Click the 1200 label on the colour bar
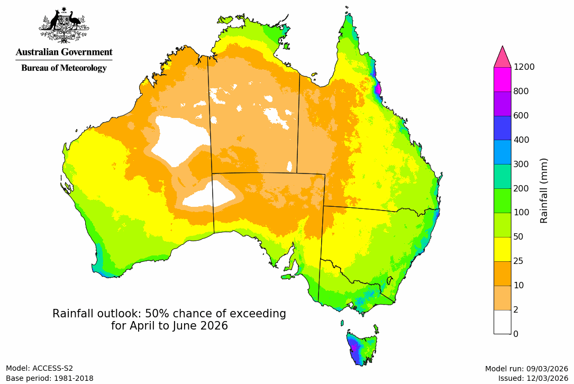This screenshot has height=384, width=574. (524, 67)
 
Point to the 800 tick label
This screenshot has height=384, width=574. (522, 92)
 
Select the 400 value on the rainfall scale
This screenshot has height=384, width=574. (522, 140)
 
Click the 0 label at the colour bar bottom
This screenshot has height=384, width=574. (516, 334)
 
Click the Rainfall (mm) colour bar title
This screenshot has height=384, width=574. (544, 190)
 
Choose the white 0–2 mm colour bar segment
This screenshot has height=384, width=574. (502, 322)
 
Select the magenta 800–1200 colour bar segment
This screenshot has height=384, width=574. (502, 79)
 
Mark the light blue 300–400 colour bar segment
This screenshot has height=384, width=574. (502, 152)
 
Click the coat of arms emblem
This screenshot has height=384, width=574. (63, 25)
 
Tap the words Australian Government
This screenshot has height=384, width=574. (64, 52)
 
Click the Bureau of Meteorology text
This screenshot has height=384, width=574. (64, 68)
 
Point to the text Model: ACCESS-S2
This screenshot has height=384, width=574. (40, 368)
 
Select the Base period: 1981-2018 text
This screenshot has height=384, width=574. (50, 378)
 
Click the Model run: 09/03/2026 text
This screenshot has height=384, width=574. (526, 369)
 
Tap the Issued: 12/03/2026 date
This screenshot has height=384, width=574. (533, 378)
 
